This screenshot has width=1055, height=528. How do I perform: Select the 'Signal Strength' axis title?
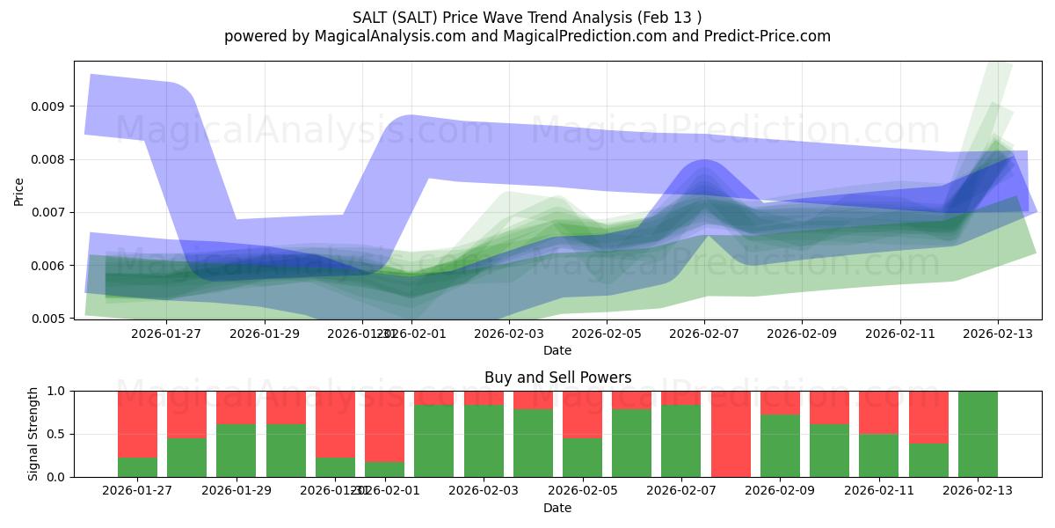[33, 434]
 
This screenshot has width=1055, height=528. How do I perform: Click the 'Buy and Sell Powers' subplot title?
[557, 378]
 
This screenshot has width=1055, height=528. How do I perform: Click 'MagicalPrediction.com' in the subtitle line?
[577, 36]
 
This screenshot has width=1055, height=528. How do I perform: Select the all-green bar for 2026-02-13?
[978, 434]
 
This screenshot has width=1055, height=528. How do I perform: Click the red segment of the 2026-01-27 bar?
[138, 424]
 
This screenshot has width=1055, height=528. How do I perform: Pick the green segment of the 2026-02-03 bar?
[484, 441]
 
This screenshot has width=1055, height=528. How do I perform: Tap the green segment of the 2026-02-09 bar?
[781, 446]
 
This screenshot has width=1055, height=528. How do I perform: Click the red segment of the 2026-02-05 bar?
[583, 414]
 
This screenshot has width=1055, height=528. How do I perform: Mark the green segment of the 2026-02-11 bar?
[879, 455]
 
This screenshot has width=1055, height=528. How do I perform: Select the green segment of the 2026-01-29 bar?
[236, 451]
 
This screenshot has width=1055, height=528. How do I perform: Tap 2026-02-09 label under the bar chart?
[781, 490]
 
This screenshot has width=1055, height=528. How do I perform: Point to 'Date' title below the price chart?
[557, 350]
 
